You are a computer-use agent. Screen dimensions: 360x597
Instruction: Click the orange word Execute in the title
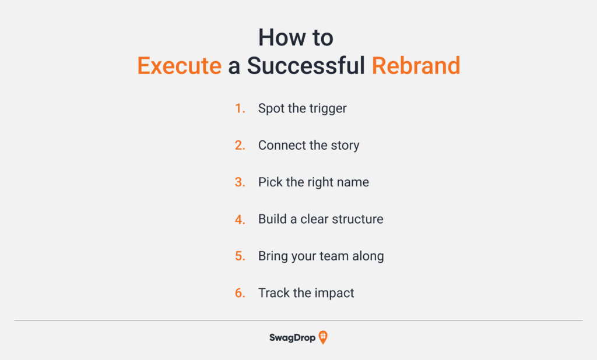tap(179, 66)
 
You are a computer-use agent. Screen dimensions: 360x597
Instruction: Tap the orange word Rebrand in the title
tap(416, 66)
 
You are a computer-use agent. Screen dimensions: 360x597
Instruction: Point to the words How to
tap(296, 38)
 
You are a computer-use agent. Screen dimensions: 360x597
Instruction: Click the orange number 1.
tap(240, 109)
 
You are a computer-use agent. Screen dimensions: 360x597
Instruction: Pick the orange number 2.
tap(240, 146)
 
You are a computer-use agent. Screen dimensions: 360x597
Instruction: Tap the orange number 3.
tap(240, 182)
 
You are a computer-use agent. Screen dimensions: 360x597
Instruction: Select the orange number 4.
tap(240, 220)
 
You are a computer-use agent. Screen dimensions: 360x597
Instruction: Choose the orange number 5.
tap(240, 256)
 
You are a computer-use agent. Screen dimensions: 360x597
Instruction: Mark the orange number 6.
tap(240, 293)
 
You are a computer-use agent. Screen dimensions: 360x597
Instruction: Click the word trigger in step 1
tap(329, 110)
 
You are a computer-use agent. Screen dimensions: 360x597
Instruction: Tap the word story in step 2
tap(345, 146)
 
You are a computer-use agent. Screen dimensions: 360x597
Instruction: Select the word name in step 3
tap(353, 182)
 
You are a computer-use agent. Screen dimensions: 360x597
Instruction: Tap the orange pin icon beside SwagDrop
tap(323, 337)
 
